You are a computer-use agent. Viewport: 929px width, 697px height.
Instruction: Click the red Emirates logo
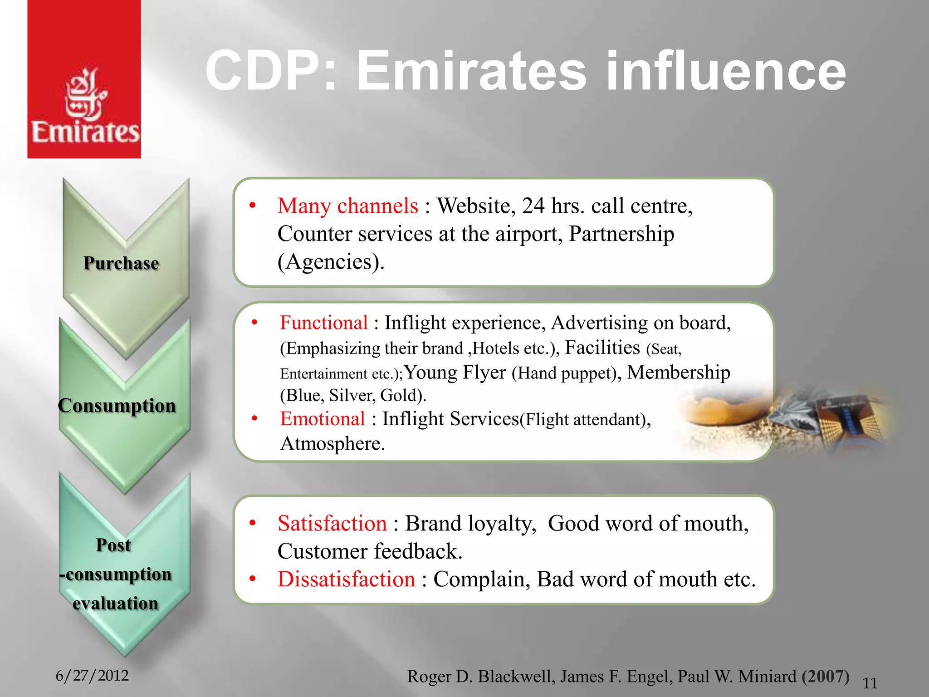coord(84,79)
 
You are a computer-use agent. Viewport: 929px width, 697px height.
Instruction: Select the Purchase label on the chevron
coord(121,263)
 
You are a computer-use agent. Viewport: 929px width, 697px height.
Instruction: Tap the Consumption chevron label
coord(117,405)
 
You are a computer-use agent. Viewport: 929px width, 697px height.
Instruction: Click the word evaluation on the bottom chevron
coord(116,604)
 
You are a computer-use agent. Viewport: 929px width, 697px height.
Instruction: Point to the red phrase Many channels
coord(347,206)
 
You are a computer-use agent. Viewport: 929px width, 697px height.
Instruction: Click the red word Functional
coord(323,323)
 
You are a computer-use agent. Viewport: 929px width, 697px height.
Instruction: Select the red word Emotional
coord(323,418)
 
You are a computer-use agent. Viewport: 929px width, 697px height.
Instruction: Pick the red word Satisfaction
coord(332,523)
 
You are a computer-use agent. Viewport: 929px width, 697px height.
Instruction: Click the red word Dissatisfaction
coord(346,579)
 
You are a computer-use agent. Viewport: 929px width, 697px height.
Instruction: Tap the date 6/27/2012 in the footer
coord(92,675)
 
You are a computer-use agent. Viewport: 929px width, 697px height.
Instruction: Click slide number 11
coord(870,683)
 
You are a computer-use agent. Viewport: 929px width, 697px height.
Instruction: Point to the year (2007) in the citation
coord(825,676)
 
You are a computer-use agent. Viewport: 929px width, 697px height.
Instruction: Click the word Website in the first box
coord(476,206)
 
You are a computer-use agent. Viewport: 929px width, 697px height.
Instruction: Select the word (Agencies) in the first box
coord(331,262)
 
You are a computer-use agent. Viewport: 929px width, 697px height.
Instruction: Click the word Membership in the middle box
coord(678,373)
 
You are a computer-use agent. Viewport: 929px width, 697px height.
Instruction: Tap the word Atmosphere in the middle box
coord(332,443)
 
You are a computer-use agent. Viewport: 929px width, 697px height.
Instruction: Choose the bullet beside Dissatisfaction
coord(253,579)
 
